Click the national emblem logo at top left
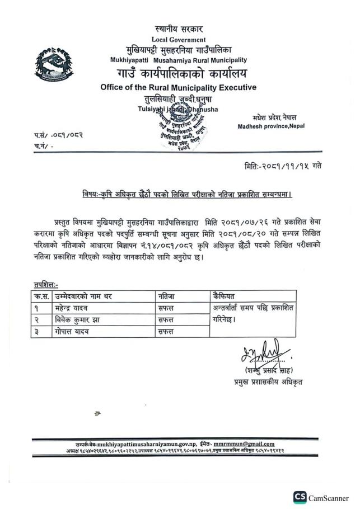(54, 64)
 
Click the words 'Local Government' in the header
(178, 39)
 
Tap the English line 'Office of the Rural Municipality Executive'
(178, 87)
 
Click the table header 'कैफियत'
(223, 296)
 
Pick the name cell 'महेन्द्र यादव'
(71, 308)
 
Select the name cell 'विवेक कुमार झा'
(76, 320)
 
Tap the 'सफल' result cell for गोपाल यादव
(166, 331)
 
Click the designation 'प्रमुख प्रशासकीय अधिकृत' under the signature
(269, 383)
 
